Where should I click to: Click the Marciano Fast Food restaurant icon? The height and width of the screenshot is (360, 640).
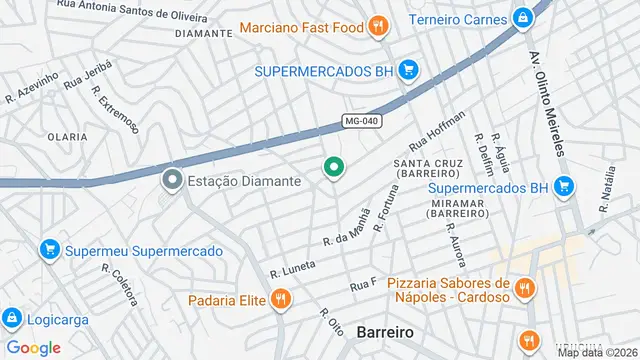(x=378, y=26)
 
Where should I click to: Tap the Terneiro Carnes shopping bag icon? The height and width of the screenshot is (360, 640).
(x=523, y=17)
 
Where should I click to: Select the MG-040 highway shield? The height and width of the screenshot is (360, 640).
(x=361, y=121)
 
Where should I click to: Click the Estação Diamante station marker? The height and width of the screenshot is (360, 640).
(x=172, y=181)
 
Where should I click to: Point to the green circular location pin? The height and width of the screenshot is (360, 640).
(x=333, y=167)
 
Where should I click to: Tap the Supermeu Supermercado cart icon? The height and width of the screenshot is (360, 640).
(x=48, y=251)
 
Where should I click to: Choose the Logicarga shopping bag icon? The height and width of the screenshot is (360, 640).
(x=12, y=320)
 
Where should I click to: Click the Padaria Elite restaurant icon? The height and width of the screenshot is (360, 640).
(x=282, y=298)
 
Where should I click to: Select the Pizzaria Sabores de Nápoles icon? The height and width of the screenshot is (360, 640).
(x=526, y=290)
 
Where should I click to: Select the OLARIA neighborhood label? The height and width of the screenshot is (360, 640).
(x=67, y=135)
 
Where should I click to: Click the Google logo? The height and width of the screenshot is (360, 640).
(x=34, y=347)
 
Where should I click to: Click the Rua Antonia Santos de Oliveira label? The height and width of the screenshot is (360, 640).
(x=146, y=5)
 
